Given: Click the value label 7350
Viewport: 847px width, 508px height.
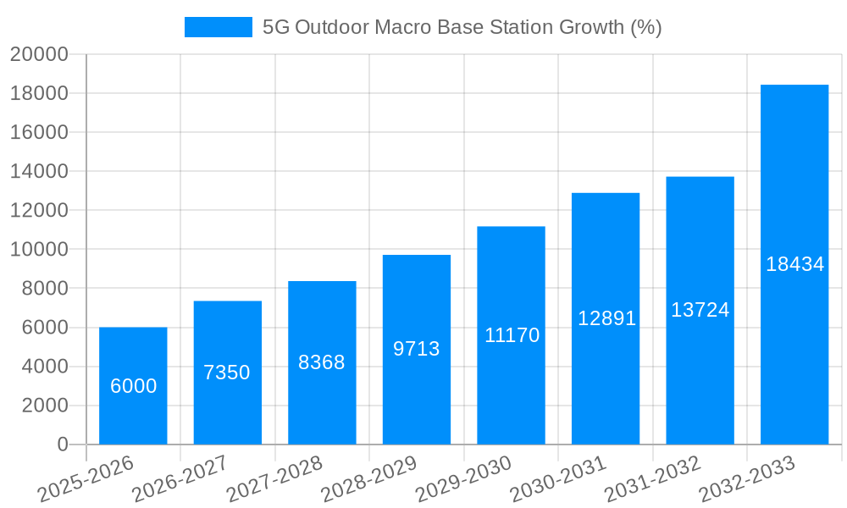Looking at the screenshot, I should (227, 373).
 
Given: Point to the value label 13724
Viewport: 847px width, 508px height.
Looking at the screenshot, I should (700, 310).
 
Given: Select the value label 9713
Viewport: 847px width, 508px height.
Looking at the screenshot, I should (416, 349).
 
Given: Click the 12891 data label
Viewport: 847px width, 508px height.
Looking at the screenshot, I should (606, 318).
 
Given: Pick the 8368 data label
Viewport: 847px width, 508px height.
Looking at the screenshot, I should (322, 362).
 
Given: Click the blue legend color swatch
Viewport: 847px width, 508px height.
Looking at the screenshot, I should (219, 27).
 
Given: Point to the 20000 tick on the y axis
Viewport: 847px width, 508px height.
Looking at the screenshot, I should (39, 54).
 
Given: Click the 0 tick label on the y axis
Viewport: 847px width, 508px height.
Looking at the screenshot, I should (62, 444).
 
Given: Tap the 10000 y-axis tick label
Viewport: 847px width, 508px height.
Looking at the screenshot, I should (39, 250).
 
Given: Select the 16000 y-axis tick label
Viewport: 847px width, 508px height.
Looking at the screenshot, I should (39, 132).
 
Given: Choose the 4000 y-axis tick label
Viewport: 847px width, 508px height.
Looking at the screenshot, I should (44, 367).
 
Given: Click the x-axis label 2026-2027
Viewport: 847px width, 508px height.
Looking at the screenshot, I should (180, 478).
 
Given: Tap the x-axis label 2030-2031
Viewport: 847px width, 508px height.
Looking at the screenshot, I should (557, 478).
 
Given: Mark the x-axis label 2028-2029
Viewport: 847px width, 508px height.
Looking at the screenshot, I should (368, 478).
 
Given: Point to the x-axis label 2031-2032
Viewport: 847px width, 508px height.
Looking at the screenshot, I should (652, 478).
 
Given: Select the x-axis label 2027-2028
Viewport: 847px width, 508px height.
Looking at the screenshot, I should (274, 478).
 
